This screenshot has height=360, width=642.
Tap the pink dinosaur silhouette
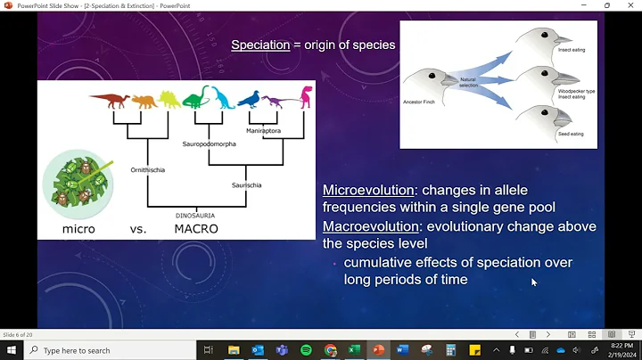click(x=305, y=96)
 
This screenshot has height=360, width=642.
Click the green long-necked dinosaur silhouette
click(x=197, y=95)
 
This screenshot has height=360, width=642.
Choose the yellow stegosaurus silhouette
click(x=169, y=99)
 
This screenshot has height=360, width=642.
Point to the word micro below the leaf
click(x=78, y=229)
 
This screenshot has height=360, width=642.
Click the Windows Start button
click(x=10, y=350)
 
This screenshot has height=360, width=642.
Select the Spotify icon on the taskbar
click(x=307, y=350)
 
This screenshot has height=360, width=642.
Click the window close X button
click(x=631, y=5)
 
